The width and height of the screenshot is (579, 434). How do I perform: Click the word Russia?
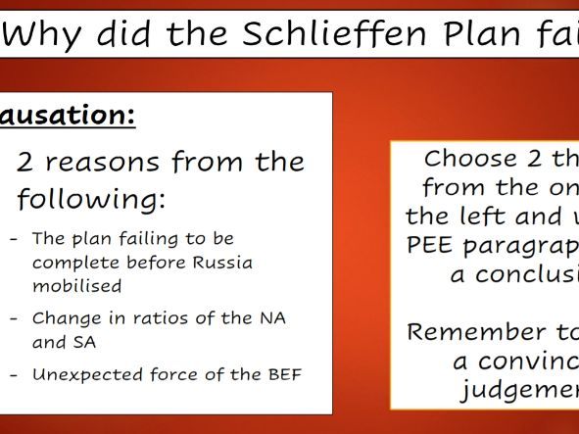(x=223, y=263)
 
